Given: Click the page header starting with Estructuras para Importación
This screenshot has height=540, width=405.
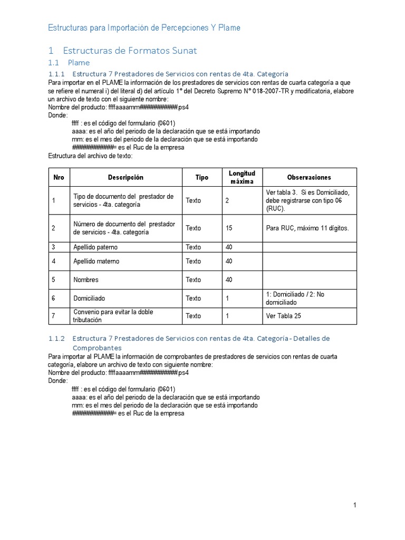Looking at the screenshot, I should [144, 27].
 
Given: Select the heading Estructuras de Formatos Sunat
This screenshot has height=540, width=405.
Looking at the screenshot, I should [129, 51].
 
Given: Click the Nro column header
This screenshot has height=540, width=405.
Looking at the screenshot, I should [59, 178].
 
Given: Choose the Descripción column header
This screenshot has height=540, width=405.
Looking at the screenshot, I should [126, 178].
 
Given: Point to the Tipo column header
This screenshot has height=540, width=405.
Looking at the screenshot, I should [202, 178].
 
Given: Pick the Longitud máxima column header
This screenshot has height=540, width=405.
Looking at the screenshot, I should [242, 178].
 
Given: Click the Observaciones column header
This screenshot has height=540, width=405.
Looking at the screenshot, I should [309, 178].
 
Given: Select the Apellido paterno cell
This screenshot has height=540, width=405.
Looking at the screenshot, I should [95, 247].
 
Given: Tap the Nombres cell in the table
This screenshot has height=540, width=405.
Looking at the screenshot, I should [86, 279].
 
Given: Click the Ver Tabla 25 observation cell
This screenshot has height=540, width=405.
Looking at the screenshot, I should [284, 316].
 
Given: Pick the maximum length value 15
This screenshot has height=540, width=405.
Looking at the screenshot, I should [229, 228].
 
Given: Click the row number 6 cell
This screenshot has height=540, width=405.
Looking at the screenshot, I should [54, 298].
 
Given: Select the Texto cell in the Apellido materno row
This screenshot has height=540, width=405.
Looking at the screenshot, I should [193, 261].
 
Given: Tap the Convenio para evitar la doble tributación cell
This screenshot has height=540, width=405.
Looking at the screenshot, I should [113, 316].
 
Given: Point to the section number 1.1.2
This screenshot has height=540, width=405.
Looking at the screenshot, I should [56, 338].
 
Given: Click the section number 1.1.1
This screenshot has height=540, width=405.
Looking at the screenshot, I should [56, 73].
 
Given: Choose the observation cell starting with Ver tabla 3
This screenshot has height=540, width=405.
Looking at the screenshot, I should [308, 200].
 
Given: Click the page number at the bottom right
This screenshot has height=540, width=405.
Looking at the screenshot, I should [355, 506].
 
